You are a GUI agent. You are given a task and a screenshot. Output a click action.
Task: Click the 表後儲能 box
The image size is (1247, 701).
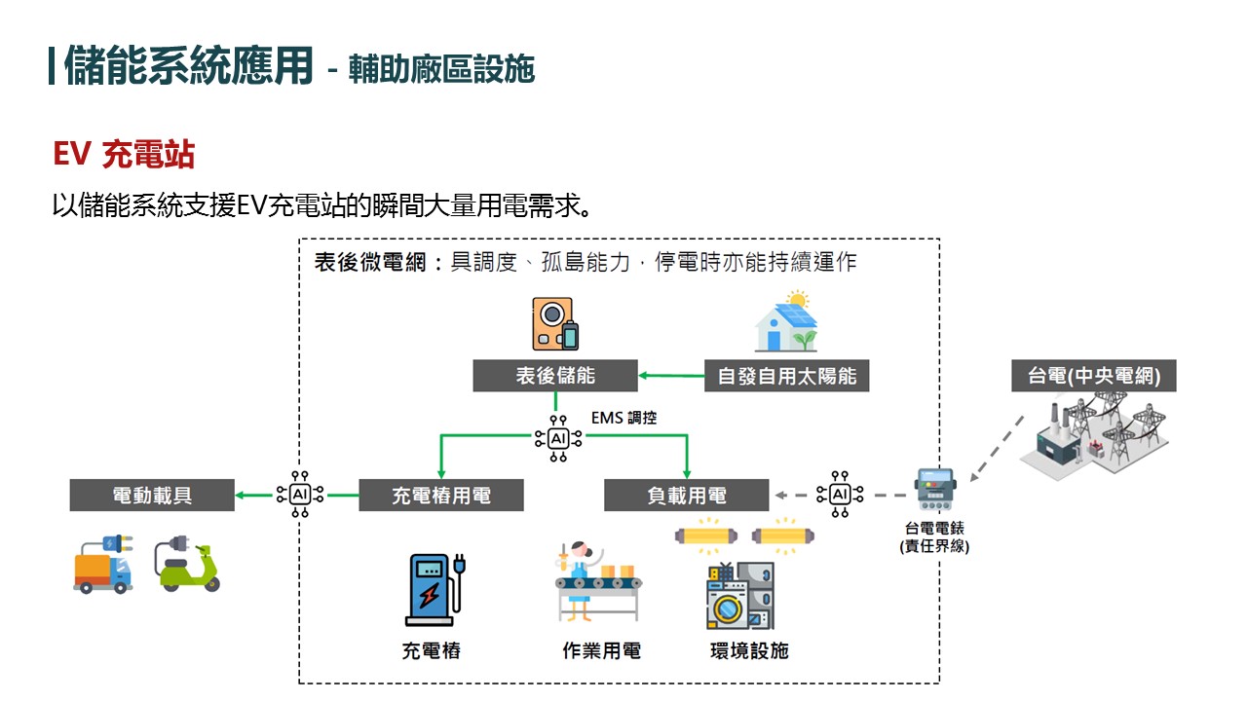pyautogui.click(x=555, y=376)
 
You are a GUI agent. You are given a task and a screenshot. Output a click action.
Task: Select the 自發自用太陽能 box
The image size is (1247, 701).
pyautogui.click(x=786, y=376)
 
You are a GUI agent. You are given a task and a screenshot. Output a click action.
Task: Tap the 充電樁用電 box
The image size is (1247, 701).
pyautogui.click(x=441, y=496)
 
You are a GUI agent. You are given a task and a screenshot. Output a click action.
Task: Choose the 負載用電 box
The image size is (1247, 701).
pyautogui.click(x=687, y=496)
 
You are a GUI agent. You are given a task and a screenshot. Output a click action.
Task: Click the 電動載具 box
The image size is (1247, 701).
pyautogui.click(x=152, y=496)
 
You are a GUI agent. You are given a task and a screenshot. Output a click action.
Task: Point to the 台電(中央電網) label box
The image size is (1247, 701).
pyautogui.click(x=1094, y=376)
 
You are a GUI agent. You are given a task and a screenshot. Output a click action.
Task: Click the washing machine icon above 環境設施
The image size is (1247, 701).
pyautogui.click(x=739, y=597)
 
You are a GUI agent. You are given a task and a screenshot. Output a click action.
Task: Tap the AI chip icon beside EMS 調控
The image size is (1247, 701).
pyautogui.click(x=558, y=438)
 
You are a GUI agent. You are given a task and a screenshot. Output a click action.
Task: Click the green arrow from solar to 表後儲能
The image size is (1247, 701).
pyautogui.click(x=671, y=376)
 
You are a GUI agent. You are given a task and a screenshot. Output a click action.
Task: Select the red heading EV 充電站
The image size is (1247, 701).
pyautogui.click(x=124, y=155)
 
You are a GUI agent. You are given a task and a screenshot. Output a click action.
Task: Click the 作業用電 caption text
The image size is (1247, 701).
pyautogui.click(x=602, y=651)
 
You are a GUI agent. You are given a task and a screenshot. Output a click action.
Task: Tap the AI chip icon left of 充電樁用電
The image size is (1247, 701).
pyautogui.click(x=299, y=495)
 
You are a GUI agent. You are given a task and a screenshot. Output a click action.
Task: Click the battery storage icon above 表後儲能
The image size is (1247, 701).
pyautogui.click(x=555, y=324)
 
